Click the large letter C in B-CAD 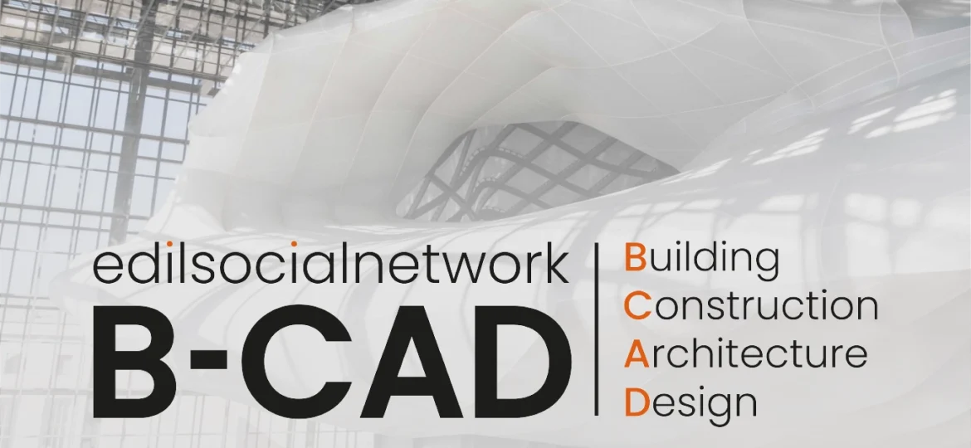pos(292,361)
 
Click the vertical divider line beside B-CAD pos(597,329)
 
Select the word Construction pos(750,305)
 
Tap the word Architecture pos(745,353)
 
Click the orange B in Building pos(635,258)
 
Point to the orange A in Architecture pos(637,354)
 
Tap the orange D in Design pos(636,402)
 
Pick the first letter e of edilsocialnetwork pos(106,269)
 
